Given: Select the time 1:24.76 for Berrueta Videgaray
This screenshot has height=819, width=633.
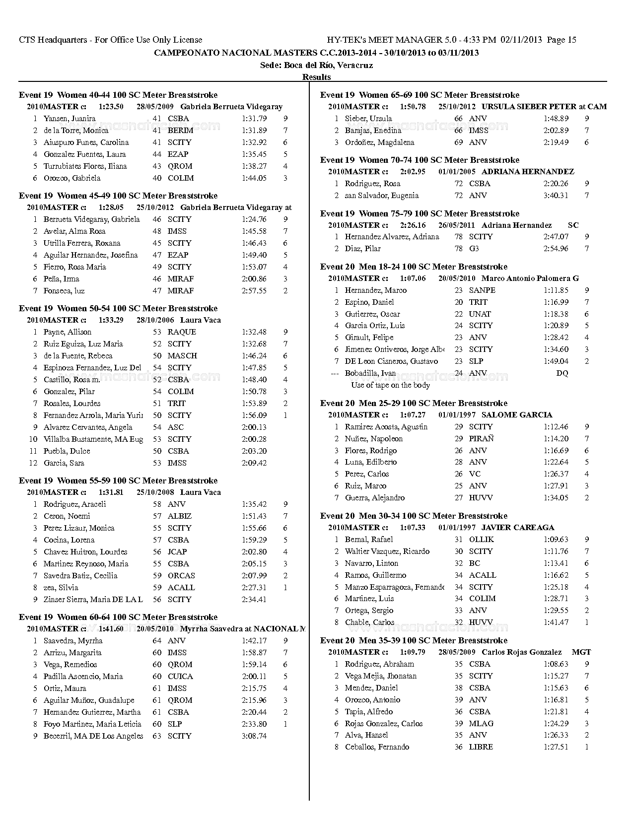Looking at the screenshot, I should [254, 219].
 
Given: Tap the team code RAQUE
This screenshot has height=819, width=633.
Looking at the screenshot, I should [182, 332].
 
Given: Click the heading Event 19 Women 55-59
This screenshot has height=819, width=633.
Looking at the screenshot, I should [118, 480].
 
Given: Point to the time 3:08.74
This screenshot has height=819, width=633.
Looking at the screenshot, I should [254, 736].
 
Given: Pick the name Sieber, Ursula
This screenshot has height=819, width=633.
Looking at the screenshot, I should [368, 119].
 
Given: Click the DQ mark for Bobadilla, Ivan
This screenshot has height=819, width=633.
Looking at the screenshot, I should [562, 373].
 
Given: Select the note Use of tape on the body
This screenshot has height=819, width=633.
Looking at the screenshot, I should [390, 385].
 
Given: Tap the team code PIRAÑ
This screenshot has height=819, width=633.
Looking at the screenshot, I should [481, 439].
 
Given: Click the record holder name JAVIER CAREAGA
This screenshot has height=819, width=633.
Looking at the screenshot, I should [518, 528].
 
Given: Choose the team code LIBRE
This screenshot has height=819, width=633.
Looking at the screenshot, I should [481, 747].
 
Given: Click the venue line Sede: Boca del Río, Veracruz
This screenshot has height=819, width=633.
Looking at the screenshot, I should [316, 65].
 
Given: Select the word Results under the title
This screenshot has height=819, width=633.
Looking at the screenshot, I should [316, 77].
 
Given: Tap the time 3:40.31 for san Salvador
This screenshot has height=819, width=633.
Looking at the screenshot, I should [556, 196].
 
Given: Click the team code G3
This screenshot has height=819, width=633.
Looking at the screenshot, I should [474, 249].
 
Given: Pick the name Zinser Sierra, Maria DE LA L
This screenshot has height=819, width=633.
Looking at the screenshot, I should [93, 600].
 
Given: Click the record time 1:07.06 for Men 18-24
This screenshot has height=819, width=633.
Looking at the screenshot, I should [413, 278].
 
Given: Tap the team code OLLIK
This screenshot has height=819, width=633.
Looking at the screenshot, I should [481, 540].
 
